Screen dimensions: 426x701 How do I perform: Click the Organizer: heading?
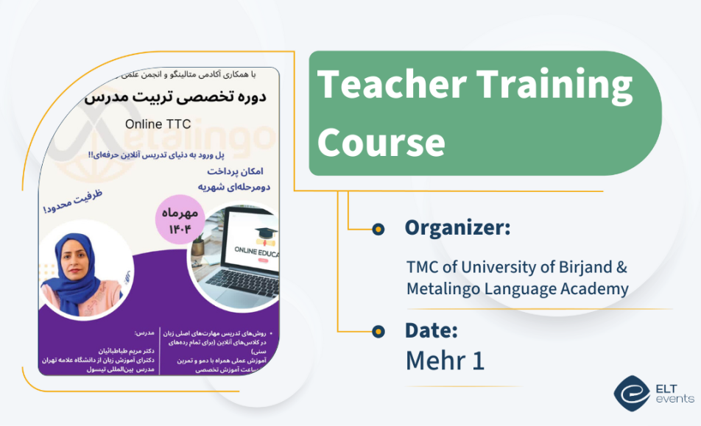click(457, 228)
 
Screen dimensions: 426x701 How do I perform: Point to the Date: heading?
click(431, 330)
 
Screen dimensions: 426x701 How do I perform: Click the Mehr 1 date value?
click(445, 361)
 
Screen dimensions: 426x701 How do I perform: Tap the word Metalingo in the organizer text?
click(443, 289)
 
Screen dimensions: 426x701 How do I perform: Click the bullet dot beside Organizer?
click(378, 229)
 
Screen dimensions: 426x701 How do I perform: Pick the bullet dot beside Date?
click(378, 331)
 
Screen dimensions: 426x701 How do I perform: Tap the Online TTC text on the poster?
click(159, 124)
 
